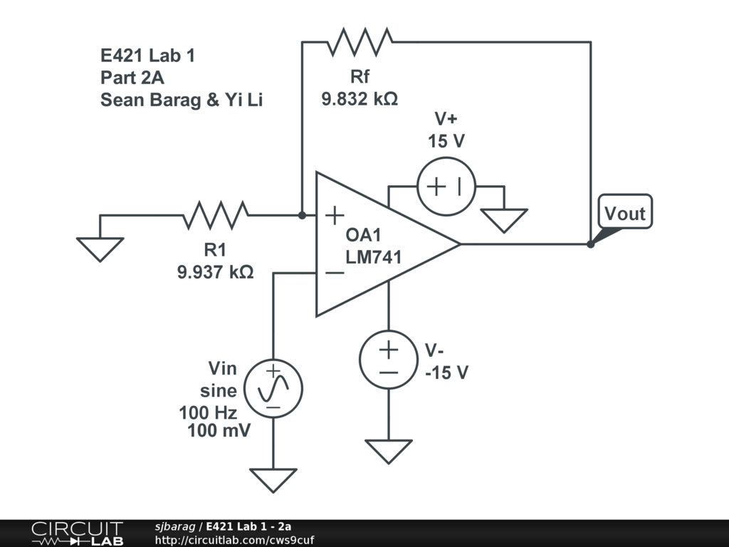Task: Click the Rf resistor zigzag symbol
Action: point(360,42)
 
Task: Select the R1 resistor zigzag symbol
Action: point(216,214)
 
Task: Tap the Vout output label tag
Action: point(624,212)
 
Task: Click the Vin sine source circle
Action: point(273,389)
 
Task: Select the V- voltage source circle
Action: point(389,360)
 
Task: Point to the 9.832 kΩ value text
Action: point(360,99)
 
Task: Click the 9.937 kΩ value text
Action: point(215,271)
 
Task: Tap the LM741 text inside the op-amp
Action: point(374,257)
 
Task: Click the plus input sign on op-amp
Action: point(334,214)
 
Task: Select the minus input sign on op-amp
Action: point(333,272)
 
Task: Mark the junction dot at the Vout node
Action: point(590,244)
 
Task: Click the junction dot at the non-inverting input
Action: point(302,214)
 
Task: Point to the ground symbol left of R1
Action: point(100,249)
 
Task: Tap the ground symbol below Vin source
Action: point(273,480)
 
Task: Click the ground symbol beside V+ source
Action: point(504,220)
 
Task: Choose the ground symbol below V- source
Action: point(389,451)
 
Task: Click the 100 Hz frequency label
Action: point(208,412)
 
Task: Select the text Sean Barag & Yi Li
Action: point(182,100)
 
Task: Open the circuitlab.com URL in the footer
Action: point(234,540)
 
